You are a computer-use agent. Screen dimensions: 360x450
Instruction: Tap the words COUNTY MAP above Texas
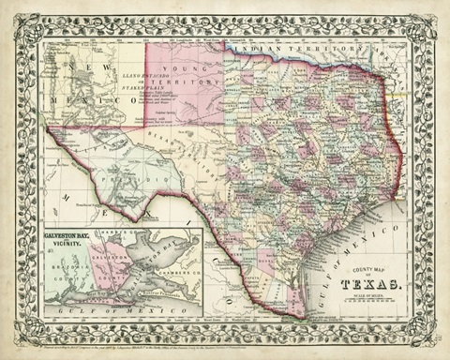[373, 268]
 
